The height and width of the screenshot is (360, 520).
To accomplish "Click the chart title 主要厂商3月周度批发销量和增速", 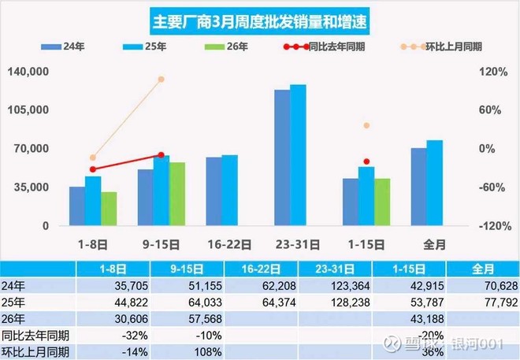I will [x=261, y=18].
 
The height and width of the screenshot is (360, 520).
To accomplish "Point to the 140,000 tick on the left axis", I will [x=30, y=72].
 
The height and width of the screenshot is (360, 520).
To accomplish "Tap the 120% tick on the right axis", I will [x=492, y=72].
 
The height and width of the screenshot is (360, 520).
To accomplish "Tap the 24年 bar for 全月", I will [x=418, y=186].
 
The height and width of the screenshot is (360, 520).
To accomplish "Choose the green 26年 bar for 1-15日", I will [x=381, y=202].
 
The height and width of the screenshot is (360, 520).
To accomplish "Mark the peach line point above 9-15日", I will [x=162, y=80].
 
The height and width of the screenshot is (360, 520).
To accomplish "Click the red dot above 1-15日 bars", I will [x=366, y=161].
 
